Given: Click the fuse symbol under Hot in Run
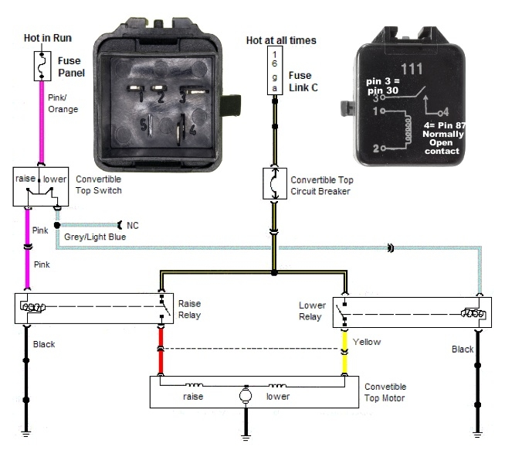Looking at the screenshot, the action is [x=42, y=66].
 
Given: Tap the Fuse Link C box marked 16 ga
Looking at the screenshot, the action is [x=275, y=70].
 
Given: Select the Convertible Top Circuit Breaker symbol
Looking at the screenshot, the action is [x=275, y=183].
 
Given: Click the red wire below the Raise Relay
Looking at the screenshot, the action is [x=161, y=351].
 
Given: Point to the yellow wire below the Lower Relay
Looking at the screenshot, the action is [x=344, y=353].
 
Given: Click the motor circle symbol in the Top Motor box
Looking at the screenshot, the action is [x=246, y=395].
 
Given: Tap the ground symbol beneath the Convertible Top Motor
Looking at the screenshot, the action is [x=246, y=438].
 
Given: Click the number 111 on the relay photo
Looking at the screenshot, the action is [x=412, y=69].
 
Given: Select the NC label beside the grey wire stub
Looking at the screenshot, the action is [x=133, y=225].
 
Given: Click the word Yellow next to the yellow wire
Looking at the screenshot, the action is [x=367, y=342].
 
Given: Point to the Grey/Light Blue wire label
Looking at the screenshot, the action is [x=95, y=237].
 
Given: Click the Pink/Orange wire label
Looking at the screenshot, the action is [x=63, y=104].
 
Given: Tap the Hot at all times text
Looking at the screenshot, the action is [x=281, y=40].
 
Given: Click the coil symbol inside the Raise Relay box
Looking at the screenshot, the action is [x=33, y=307].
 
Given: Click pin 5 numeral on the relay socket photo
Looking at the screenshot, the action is [x=144, y=125].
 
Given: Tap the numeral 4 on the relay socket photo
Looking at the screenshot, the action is [x=192, y=130].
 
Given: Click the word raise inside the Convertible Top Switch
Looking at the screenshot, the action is [x=25, y=179].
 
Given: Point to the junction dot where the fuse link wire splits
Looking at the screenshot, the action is [x=274, y=273].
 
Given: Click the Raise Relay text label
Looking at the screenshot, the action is [x=190, y=309].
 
